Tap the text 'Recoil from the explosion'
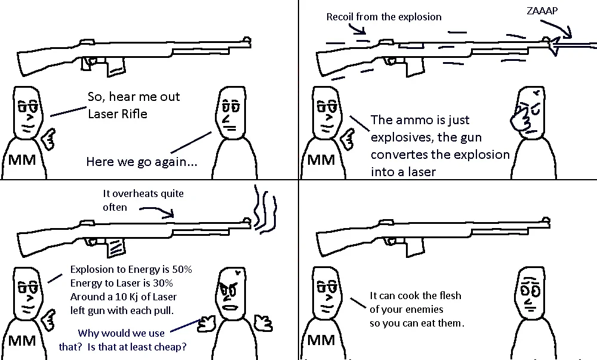tap(383, 17)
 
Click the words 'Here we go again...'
tap(141, 162)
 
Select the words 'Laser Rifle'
tap(117, 113)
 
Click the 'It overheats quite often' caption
tap(143, 200)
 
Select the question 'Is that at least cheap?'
tap(151, 345)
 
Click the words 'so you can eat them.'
tap(416, 323)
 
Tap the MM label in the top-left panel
tap(21, 160)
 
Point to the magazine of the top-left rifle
tap(115, 67)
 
